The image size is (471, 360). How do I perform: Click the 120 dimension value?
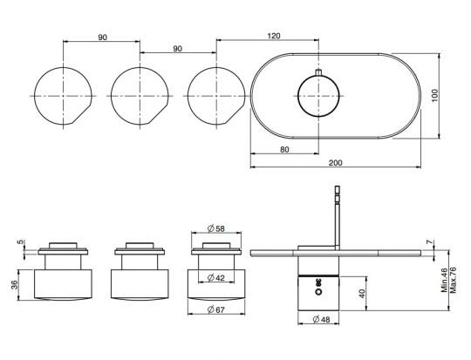(x=274, y=36)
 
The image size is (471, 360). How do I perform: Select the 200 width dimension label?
(x=335, y=163)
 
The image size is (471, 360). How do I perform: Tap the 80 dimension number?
(x=284, y=150)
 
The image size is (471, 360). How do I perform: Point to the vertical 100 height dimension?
(x=435, y=96)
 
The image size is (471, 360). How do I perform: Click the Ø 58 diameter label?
(x=216, y=228)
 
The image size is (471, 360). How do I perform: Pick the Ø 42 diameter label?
(x=216, y=278)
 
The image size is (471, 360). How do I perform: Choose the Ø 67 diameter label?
(x=216, y=309)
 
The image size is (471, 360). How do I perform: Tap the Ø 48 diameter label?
(x=321, y=319)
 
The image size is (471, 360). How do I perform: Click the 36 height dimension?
(x=15, y=285)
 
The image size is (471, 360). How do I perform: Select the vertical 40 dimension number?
(x=362, y=294)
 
